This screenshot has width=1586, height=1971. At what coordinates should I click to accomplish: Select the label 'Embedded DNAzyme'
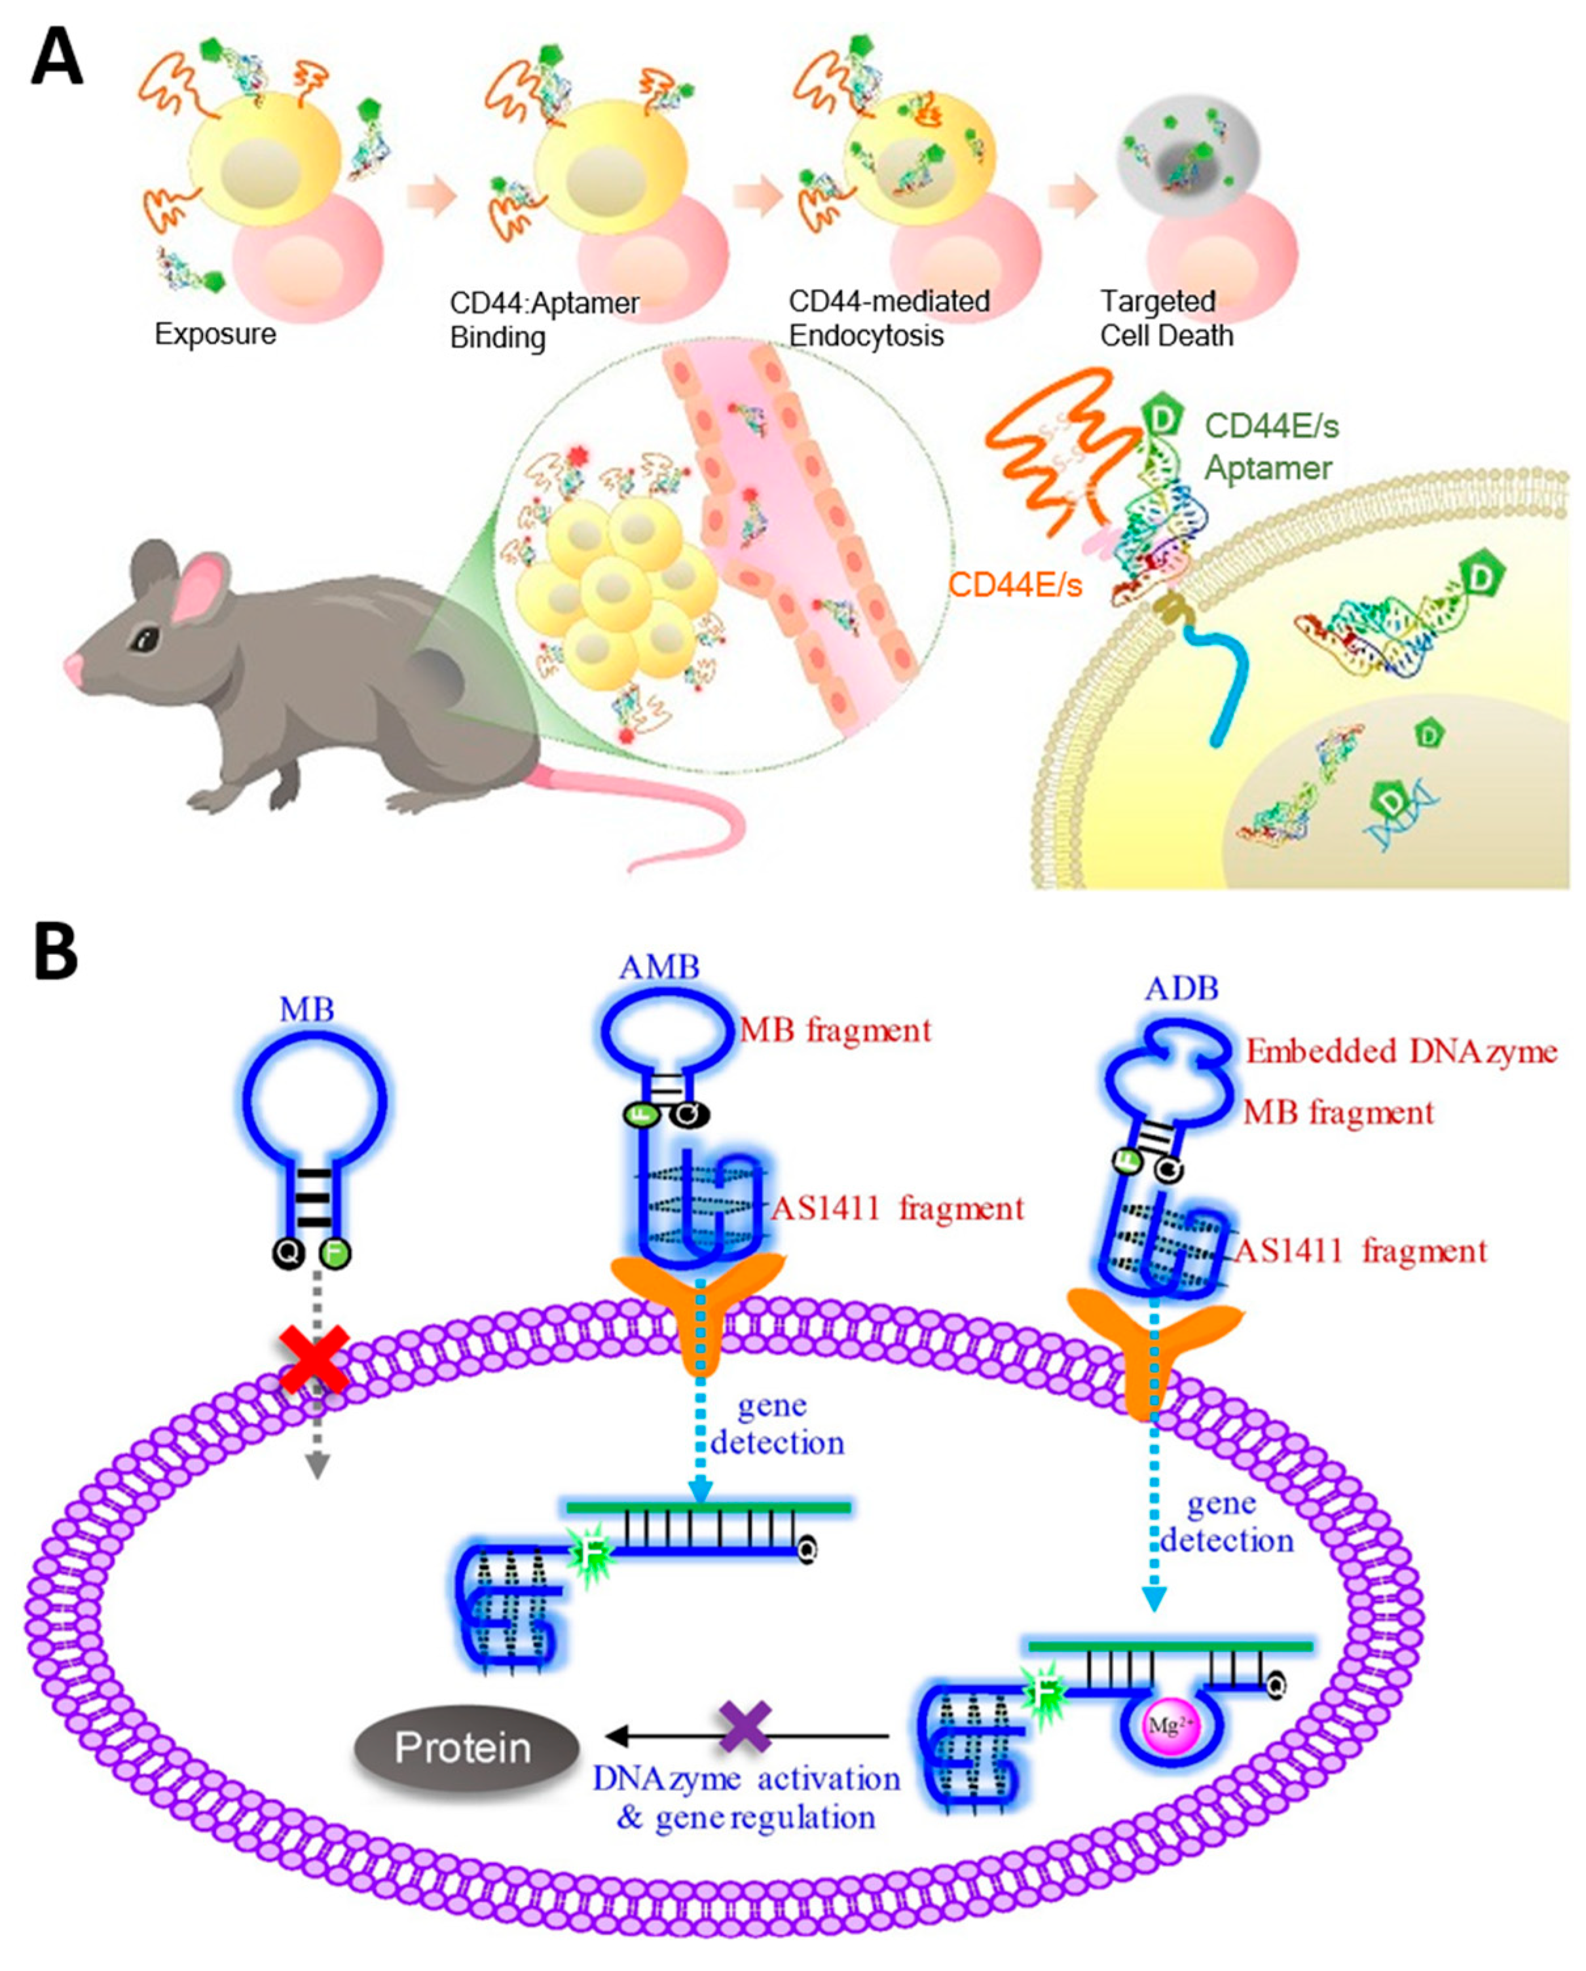tap(1401, 1051)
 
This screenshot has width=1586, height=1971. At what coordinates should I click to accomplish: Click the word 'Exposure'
tap(215, 333)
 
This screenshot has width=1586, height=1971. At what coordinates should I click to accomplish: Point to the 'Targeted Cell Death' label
tap(1166, 318)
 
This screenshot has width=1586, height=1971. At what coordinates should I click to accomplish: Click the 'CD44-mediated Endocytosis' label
tap(889, 318)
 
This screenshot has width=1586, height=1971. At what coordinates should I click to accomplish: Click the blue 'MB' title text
tap(307, 1009)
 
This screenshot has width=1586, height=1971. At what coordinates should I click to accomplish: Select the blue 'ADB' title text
tap(1182, 988)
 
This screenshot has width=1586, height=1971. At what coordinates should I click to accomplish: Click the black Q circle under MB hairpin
tap(289, 1253)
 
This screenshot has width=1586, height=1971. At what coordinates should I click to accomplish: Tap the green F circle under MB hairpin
tap(335, 1253)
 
